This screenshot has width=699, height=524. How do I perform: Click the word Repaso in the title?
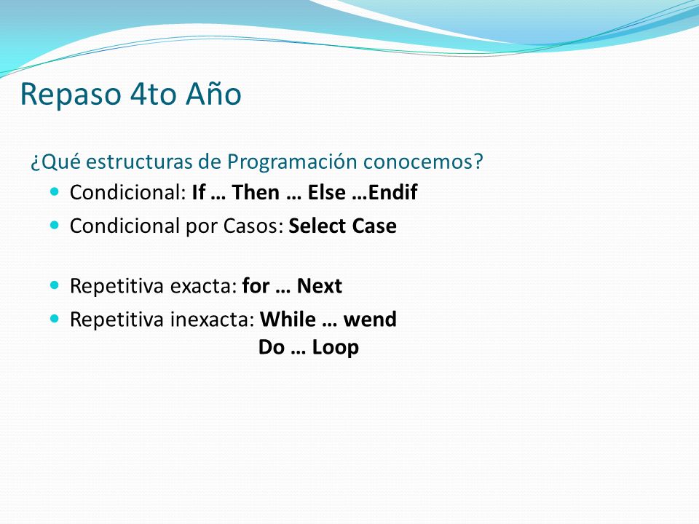[x=71, y=95]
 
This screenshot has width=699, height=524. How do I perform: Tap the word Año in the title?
[x=213, y=93]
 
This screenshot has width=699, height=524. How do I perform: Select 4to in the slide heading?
[x=154, y=95]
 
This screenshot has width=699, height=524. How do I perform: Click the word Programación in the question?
[x=292, y=162]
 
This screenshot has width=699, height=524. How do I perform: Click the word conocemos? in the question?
[x=423, y=162]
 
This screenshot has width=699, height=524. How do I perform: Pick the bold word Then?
[x=256, y=192]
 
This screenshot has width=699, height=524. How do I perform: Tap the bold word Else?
[x=327, y=192]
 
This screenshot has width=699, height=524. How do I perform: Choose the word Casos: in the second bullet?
[x=253, y=226]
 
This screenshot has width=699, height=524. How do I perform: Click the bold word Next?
[x=319, y=286]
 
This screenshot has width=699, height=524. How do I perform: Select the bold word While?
[x=288, y=319]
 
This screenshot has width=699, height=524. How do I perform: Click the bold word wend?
[x=370, y=319]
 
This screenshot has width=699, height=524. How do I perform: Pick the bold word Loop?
[x=335, y=348]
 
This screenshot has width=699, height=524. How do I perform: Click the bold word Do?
[x=272, y=348]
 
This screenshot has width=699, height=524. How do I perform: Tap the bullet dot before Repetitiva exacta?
[x=55, y=285]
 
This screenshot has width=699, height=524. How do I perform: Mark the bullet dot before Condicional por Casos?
[x=55, y=225]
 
